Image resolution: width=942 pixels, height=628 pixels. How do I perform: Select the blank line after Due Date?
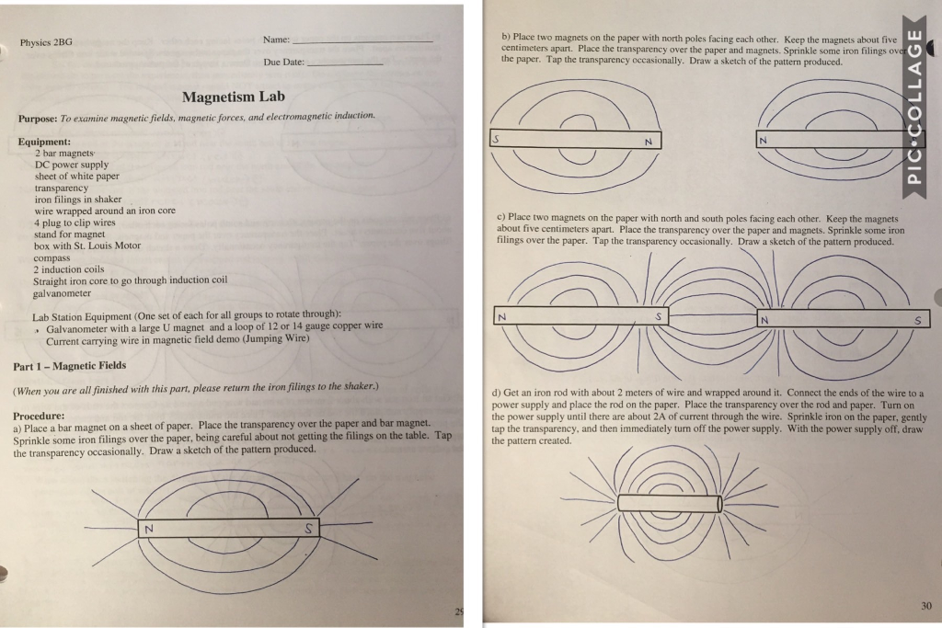(345, 63)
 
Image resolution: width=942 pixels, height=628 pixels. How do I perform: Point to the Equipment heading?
(44, 142)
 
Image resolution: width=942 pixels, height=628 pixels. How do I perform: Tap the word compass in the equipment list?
(52, 257)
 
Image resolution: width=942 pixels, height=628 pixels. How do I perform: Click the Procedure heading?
(39, 416)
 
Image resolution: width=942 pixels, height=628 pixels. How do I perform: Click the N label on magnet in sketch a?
(147, 528)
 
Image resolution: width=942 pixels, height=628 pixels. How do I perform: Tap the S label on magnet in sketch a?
(309, 528)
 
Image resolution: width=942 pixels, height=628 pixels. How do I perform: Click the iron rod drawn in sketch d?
(668, 503)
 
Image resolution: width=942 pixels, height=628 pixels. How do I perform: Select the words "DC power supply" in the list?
(71, 165)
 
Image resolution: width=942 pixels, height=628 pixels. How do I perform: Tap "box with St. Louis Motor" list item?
(87, 245)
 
